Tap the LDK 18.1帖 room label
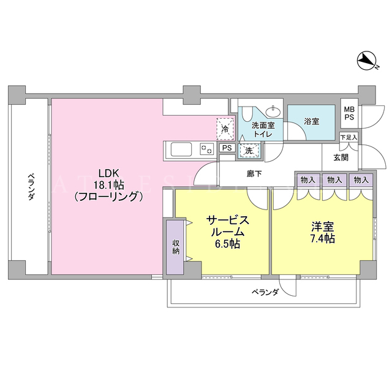pyautogui.click(x=108, y=185)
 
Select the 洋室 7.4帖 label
pyautogui.click(x=323, y=233)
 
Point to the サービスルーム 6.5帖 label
pyautogui.click(x=227, y=232)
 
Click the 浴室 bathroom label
pyautogui.click(x=312, y=121)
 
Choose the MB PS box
pyautogui.click(x=349, y=113)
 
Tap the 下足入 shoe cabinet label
pyautogui.click(x=349, y=137)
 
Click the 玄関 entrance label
pyautogui.click(x=341, y=157)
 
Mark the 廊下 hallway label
pyautogui.click(x=254, y=173)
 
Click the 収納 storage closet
pyautogui.click(x=176, y=247)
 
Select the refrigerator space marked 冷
pyautogui.click(x=225, y=129)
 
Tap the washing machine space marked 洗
pyautogui.click(x=249, y=151)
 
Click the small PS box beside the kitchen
pyautogui.click(x=227, y=148)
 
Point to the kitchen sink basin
pyautogui.click(x=181, y=149)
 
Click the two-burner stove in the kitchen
pyautogui.click(x=207, y=149)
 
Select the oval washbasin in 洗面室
pyautogui.click(x=273, y=111)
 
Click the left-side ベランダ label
pyautogui.click(x=31, y=186)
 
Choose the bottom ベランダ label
pyautogui.click(x=265, y=292)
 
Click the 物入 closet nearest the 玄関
pyautogui.click(x=361, y=179)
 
